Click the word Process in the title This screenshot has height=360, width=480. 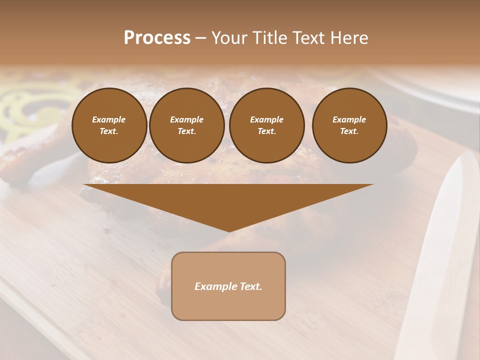click(x=157, y=38)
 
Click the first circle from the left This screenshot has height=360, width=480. click(x=109, y=125)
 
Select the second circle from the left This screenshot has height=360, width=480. click(x=186, y=125)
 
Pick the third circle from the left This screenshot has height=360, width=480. click(x=266, y=125)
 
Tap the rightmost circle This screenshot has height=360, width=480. click(x=349, y=125)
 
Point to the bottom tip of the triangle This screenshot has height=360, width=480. click(x=229, y=231)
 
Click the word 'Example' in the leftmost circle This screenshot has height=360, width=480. click(x=109, y=119)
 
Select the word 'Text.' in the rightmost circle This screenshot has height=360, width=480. click(x=349, y=131)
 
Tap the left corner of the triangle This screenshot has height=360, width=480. click(x=85, y=185)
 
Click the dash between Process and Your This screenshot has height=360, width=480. click(x=201, y=38)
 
